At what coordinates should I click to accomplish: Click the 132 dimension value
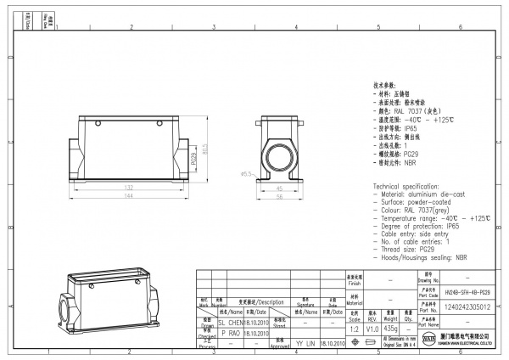(x=130, y=187)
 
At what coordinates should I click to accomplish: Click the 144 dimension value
(x=130, y=196)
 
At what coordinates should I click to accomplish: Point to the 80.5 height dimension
(x=204, y=150)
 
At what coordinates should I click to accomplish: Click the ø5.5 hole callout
(x=247, y=174)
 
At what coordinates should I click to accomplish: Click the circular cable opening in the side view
(x=281, y=158)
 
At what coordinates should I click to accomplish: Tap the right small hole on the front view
(x=158, y=125)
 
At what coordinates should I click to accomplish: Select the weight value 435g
(x=390, y=328)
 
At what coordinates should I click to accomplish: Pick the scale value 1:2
(x=353, y=328)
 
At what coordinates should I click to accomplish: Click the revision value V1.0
(x=372, y=328)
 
